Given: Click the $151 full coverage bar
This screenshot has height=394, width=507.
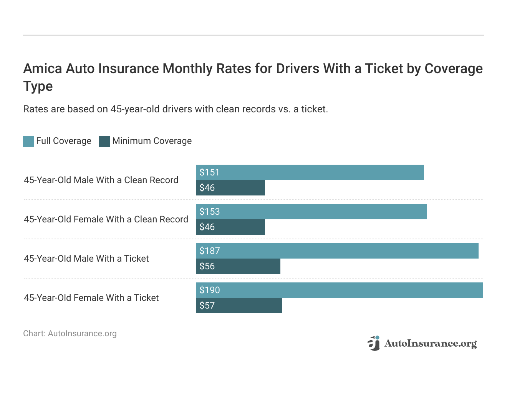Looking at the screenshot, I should pyautogui.click(x=310, y=172).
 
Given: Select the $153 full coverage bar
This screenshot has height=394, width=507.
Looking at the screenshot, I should pyautogui.click(x=311, y=212).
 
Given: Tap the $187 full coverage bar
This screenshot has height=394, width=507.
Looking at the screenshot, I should pyautogui.click(x=337, y=251).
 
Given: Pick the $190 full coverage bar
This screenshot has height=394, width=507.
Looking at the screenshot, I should pyautogui.click(x=339, y=290).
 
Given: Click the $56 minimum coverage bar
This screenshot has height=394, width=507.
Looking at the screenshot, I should pyautogui.click(x=238, y=266).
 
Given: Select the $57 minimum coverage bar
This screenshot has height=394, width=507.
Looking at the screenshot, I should pyautogui.click(x=239, y=306).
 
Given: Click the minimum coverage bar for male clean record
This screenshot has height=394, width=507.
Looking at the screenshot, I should pyautogui.click(x=230, y=188).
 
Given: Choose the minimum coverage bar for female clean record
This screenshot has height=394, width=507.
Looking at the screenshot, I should pyautogui.click(x=230, y=227).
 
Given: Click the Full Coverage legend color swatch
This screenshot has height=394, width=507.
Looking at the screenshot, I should pyautogui.click(x=28, y=142).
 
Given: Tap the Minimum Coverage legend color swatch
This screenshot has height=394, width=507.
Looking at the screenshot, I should pyautogui.click(x=104, y=142).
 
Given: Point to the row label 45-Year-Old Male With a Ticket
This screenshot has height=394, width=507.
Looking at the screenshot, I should pyautogui.click(x=86, y=259).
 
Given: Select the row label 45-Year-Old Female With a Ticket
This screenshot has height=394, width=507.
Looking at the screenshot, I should pyautogui.click(x=91, y=298).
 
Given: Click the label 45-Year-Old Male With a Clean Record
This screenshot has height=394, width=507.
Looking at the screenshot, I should pyautogui.click(x=101, y=180).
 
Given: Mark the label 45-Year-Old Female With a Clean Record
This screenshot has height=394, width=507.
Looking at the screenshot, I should pyautogui.click(x=106, y=219).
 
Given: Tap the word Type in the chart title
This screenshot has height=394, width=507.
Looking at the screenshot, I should pyautogui.click(x=38, y=86).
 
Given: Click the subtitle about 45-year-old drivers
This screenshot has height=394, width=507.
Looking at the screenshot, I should pyautogui.click(x=176, y=109).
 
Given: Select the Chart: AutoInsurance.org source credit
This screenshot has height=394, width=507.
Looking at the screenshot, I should pyautogui.click(x=70, y=334).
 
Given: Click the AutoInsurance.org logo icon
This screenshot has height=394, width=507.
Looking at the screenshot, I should pyautogui.click(x=373, y=343).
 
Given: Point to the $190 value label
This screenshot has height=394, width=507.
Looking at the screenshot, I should pyautogui.click(x=210, y=290).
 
